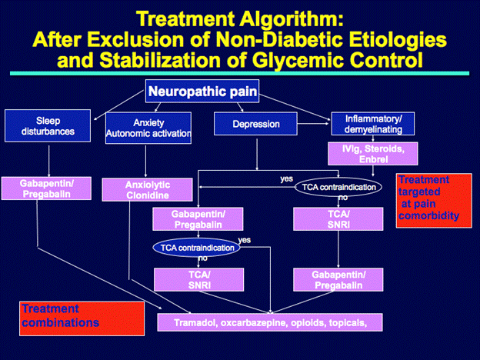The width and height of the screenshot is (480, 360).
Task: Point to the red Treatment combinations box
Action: (82, 317)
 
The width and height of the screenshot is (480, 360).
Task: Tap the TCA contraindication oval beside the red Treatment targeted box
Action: (338, 187)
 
